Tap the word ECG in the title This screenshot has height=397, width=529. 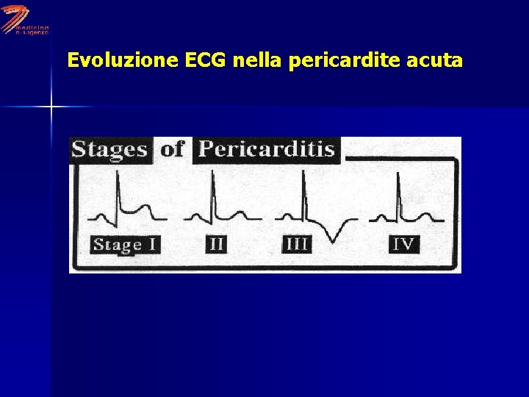(x=206, y=60)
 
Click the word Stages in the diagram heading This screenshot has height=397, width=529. (x=109, y=149)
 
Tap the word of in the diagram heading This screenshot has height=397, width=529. (x=172, y=149)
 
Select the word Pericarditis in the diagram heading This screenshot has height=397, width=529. (x=267, y=149)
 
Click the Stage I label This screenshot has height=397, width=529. (x=125, y=244)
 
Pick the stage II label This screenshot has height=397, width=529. (x=216, y=243)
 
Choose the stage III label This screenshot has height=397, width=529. (x=297, y=243)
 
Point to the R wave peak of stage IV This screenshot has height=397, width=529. (x=397, y=174)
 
